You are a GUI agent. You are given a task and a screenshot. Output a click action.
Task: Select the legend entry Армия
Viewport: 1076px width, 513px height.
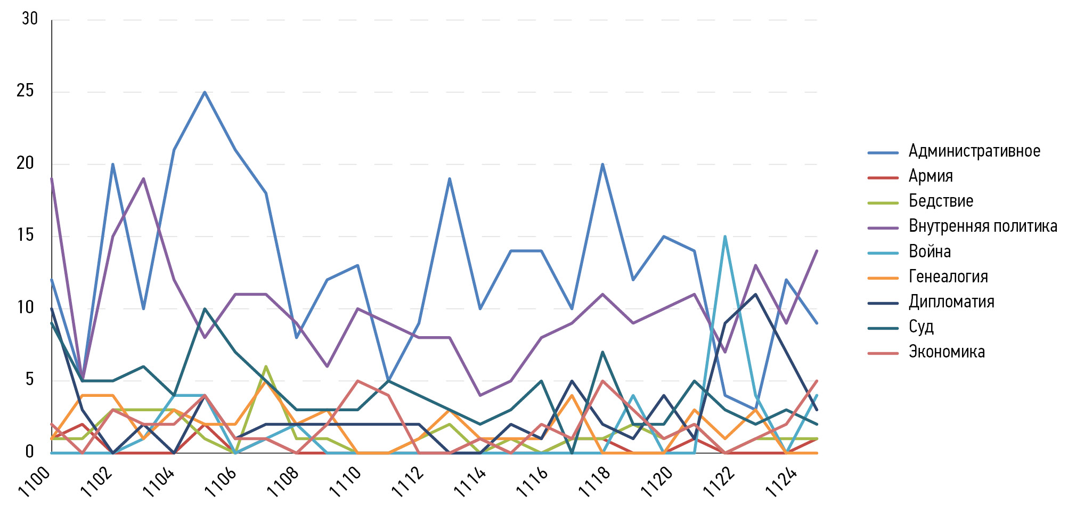click(930, 176)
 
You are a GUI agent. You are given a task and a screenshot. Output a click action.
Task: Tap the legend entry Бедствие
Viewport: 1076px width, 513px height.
click(941, 201)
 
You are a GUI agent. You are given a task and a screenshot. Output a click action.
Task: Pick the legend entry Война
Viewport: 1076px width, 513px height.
click(930, 251)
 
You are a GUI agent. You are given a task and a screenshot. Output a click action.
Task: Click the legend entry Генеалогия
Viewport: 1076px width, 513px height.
click(948, 276)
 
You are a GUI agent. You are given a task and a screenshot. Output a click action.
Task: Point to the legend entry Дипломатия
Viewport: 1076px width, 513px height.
click(951, 302)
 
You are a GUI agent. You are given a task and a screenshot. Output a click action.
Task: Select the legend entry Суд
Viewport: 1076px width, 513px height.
click(921, 327)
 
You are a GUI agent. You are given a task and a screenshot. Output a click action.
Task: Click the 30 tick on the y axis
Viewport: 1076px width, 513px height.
click(30, 19)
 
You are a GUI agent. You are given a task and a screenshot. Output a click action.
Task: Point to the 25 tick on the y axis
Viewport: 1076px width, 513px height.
click(25, 91)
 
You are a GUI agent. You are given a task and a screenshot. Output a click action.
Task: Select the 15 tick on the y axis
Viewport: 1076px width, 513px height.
click(25, 235)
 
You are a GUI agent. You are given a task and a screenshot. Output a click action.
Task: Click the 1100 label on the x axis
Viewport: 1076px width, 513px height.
click(35, 482)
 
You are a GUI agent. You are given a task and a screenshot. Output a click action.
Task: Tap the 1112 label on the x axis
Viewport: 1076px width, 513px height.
click(408, 482)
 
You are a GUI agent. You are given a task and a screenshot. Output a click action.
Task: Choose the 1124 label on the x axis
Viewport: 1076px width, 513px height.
click(781, 482)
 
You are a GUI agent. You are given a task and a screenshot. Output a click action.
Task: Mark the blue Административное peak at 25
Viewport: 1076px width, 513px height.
click(205, 92)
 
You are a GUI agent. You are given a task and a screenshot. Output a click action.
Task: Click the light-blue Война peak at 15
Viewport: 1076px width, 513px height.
click(725, 237)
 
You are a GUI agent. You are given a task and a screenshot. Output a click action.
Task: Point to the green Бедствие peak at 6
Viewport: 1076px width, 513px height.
click(266, 367)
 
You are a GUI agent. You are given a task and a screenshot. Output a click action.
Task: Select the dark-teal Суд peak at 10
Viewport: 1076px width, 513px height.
click(205, 309)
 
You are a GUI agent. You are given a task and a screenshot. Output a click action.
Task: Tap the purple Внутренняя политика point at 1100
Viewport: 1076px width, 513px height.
click(52, 179)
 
